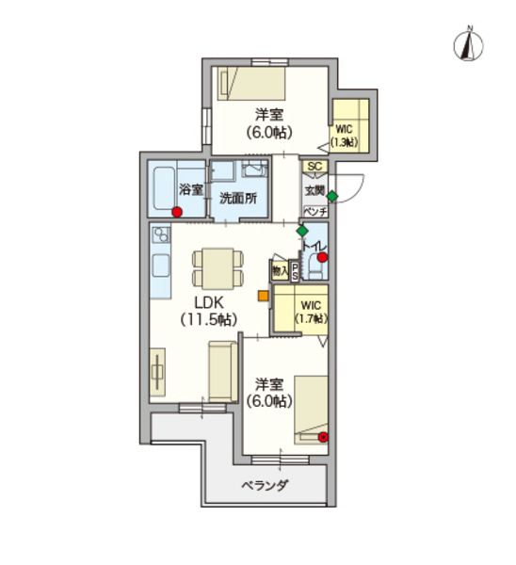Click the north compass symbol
pyautogui.click(x=467, y=43)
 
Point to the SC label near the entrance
pyautogui.click(x=314, y=168)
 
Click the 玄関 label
pyautogui.click(x=314, y=191)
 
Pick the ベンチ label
pyautogui.click(x=314, y=212)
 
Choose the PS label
pyautogui.click(x=295, y=272)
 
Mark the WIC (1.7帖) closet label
pyautogui.click(x=311, y=312)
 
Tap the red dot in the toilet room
pyautogui.click(x=322, y=256)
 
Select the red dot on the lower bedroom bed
pyautogui.click(x=323, y=436)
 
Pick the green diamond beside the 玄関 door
pyautogui.click(x=331, y=196)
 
